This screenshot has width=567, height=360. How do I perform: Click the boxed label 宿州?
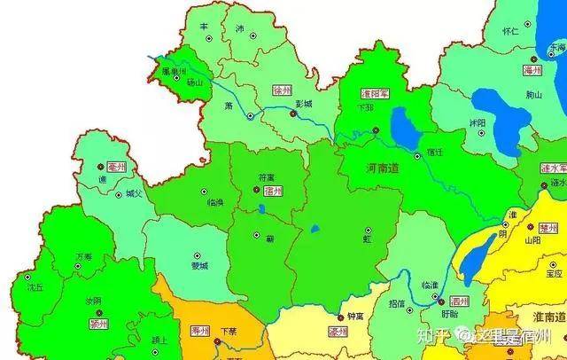274,191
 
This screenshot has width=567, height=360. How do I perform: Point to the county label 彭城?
304,104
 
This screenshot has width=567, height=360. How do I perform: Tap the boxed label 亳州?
117,166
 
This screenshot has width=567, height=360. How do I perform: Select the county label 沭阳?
477,122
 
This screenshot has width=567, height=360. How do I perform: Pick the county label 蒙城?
198,265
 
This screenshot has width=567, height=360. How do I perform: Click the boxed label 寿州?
200,331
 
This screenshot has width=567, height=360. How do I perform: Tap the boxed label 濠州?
338,332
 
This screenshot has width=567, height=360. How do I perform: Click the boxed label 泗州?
458,301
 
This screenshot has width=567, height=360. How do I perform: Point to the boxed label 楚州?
548,227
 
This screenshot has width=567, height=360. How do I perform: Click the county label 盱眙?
449,314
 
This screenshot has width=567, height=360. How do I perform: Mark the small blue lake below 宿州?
263,210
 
